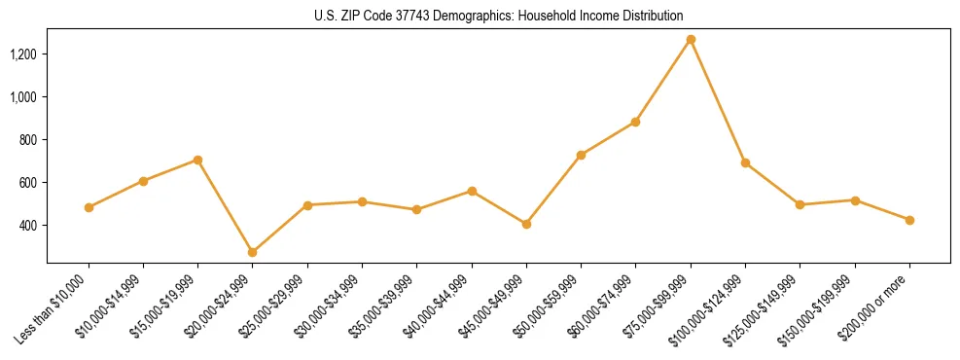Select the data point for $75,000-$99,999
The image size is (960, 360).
click(691, 40)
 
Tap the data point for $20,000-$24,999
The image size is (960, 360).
click(253, 252)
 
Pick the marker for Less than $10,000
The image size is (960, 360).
click(89, 207)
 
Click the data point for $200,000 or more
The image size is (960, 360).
click(909, 220)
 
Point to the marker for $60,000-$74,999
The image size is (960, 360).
click(635, 122)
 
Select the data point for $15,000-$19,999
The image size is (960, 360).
click(197, 160)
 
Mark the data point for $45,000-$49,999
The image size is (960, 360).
click(526, 224)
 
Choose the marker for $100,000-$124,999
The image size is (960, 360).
click(745, 162)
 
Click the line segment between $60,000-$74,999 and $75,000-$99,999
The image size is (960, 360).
click(663, 81)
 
